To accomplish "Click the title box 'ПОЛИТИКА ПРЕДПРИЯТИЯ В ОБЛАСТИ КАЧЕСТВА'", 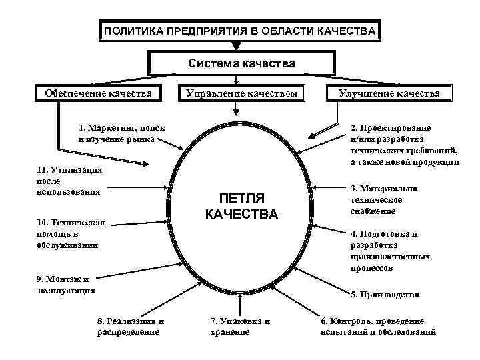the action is (x=240, y=31).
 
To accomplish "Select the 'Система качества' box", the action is (x=241, y=64).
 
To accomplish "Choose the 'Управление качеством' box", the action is (x=241, y=93).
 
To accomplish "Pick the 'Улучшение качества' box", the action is (x=389, y=93).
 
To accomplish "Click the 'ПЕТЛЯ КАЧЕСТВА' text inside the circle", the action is (x=241, y=207).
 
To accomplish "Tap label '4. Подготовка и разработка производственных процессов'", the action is (x=389, y=251).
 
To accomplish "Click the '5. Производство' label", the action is (x=385, y=294).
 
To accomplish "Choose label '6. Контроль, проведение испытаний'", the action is (x=378, y=326).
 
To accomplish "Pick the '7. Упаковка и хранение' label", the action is (x=239, y=326).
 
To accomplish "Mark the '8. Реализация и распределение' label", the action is (x=130, y=326).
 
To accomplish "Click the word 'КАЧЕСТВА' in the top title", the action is (x=347, y=31).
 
